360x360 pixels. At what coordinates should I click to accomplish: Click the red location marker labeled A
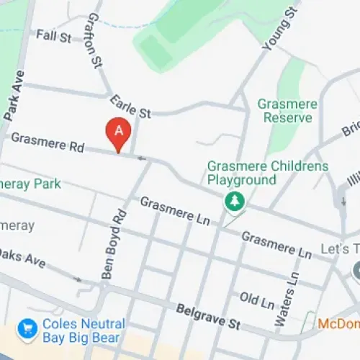click(118, 132)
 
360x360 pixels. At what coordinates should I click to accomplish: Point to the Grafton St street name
click(94, 40)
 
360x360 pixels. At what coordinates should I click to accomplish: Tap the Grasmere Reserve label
click(288, 110)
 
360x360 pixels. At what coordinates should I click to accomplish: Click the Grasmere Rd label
click(48, 143)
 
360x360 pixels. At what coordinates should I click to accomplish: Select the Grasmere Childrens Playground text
click(267, 173)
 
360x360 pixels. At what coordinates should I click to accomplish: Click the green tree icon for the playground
click(233, 202)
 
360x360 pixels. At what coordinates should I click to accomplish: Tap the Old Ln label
click(257, 297)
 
